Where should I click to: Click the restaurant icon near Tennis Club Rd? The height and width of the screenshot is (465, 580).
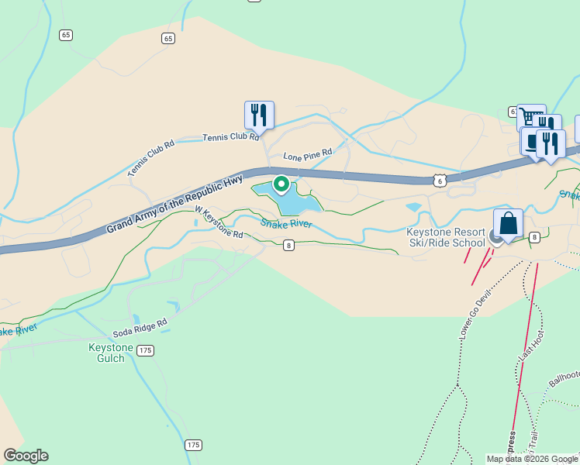coord(259,115)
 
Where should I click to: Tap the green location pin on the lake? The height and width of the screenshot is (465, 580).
coord(281,184)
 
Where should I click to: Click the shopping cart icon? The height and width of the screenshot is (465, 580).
coord(530,118)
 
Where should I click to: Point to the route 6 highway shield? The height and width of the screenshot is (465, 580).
coord(440,180)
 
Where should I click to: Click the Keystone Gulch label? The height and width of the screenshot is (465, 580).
coord(111,353)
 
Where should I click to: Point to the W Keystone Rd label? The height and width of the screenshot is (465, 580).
coord(218,222)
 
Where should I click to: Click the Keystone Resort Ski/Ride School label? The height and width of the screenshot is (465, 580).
coord(447,237)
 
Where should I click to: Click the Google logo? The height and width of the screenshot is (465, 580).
coord(26,456)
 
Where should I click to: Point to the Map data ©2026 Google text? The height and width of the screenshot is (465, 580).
coord(532,459)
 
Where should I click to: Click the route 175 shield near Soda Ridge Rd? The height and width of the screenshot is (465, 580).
coord(146,350)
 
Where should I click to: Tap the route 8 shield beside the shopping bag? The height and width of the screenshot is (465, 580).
coord(534,236)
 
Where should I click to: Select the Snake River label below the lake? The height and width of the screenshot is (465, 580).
coord(286,224)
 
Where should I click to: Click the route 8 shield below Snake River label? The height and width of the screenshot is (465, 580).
coord(288,245)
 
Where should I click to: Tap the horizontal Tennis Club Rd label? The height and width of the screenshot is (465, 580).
coord(230,137)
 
